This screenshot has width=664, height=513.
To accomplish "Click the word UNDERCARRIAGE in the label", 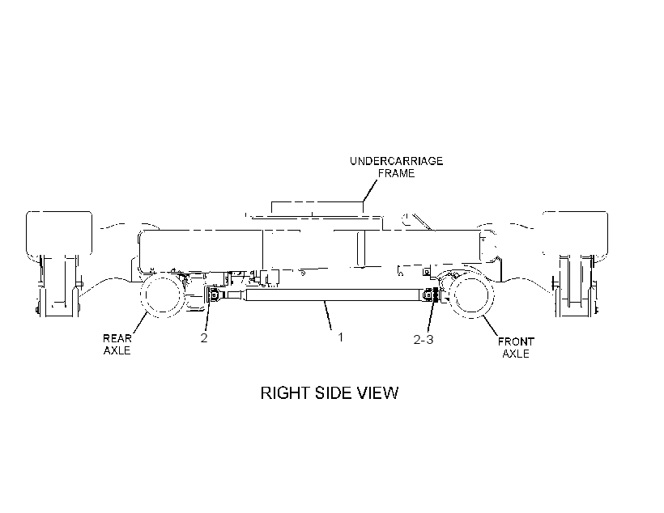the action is click(396, 161).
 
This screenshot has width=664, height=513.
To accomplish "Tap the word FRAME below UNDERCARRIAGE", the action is click(396, 173).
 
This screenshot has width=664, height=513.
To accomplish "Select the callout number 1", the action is click(340, 337).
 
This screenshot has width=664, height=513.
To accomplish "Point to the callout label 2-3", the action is click(424, 340).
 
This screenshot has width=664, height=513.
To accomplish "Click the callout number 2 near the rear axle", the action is click(204, 338).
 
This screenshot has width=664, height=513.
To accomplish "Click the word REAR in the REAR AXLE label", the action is click(117, 338).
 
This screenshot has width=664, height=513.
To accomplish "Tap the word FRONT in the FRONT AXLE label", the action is click(516, 341).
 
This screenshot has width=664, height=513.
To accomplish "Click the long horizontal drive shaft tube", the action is click(334, 295).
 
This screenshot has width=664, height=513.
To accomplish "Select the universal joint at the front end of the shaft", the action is click(432, 295).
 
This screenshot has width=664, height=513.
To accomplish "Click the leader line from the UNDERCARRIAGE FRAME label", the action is click(370, 191).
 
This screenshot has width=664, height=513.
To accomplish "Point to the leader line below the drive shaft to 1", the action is click(328, 316).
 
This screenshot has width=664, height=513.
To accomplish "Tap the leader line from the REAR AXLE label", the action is click(140, 323).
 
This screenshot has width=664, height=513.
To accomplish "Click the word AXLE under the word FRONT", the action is click(516, 354).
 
